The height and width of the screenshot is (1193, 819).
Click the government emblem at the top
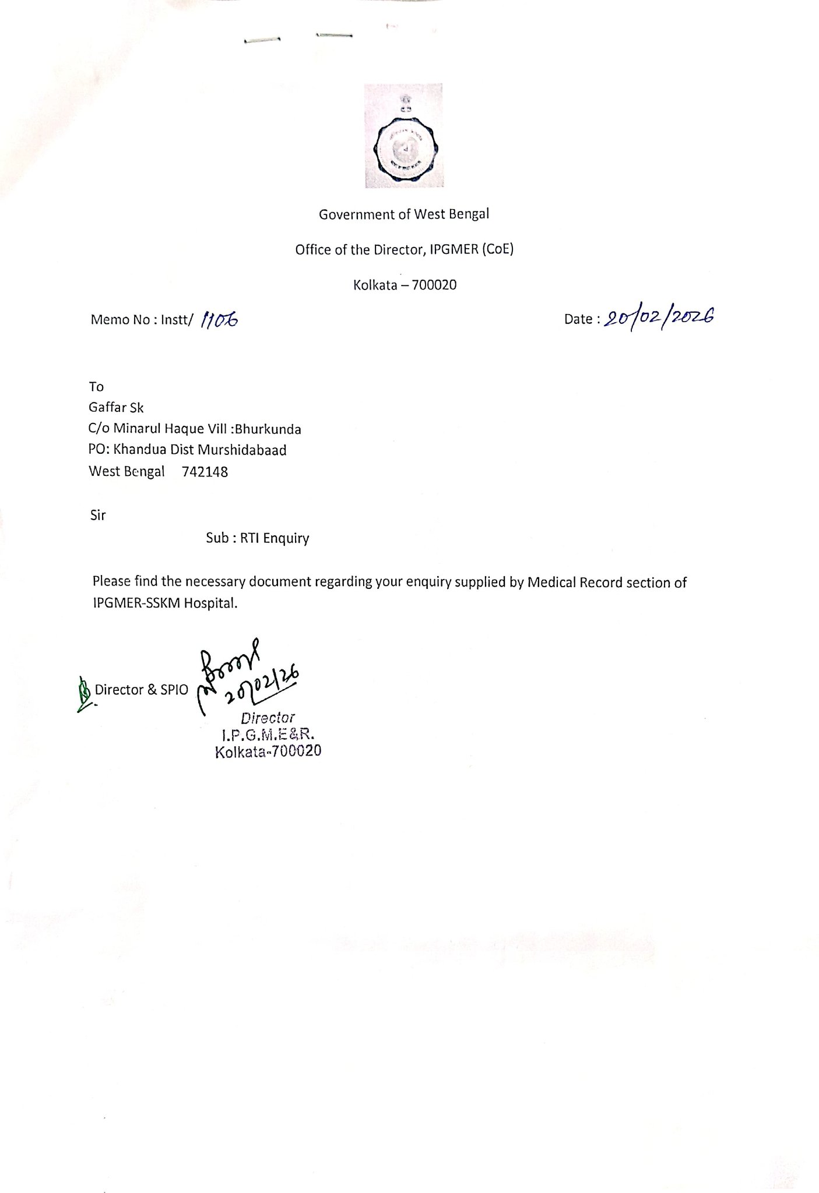coord(403,136)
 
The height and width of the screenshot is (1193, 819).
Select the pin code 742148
coord(205,472)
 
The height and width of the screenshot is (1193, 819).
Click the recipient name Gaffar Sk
coord(116,408)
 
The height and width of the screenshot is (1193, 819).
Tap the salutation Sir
coord(98,516)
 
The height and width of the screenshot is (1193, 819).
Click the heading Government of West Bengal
coord(403,214)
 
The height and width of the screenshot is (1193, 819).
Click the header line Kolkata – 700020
coord(405,285)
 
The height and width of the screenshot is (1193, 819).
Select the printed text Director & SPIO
coord(142,690)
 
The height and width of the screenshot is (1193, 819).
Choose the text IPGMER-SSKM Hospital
coord(165,603)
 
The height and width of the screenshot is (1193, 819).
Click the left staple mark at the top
coord(262,40)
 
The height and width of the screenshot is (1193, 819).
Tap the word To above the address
coord(96,387)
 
